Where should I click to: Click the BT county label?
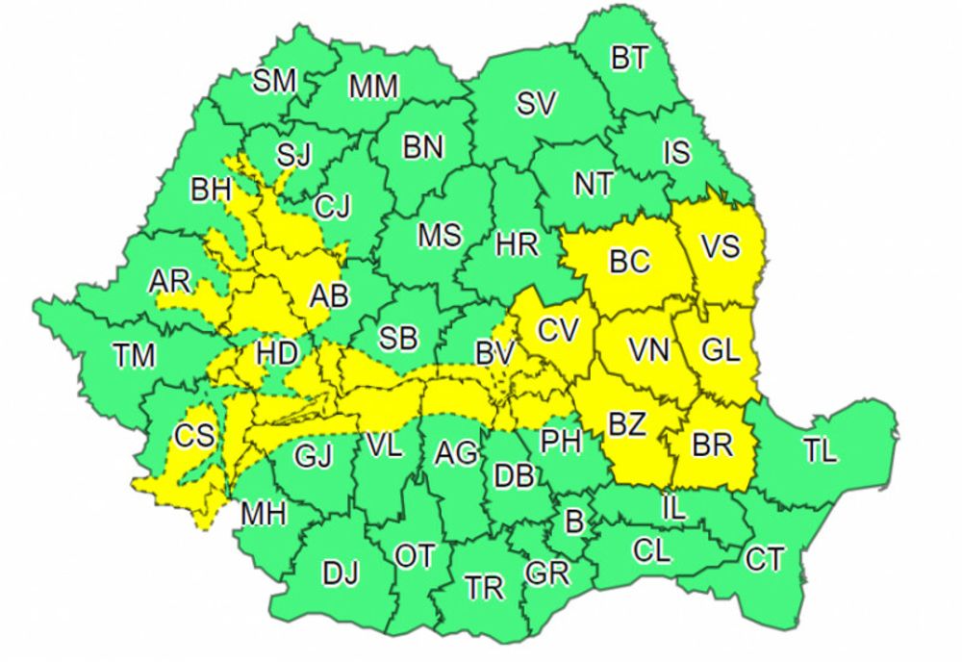[x=629, y=59]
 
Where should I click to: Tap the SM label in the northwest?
[x=275, y=82]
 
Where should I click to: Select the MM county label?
[x=373, y=87]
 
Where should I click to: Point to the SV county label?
[x=536, y=104]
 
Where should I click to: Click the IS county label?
[x=676, y=152]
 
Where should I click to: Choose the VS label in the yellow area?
[x=720, y=246]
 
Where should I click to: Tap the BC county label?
[x=630, y=260]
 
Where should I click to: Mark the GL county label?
[x=721, y=351]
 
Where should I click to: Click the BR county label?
[x=713, y=445]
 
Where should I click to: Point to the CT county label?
[x=765, y=559]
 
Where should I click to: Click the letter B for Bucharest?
[x=573, y=523]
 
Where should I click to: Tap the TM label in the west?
[x=134, y=356]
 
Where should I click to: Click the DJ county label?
[x=340, y=574]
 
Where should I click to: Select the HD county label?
[x=277, y=353]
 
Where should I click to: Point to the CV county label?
[x=558, y=330]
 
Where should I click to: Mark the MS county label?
[x=439, y=235]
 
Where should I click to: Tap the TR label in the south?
[x=484, y=587]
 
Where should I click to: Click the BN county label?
[x=422, y=147]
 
